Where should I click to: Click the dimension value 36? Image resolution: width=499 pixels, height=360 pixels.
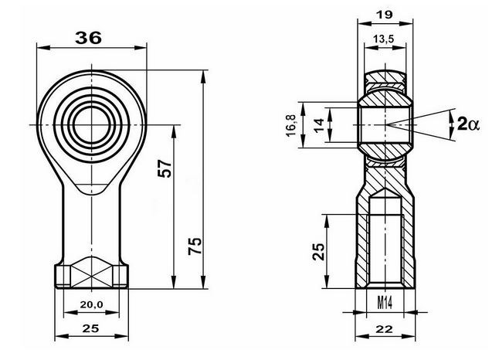click(x=89, y=38)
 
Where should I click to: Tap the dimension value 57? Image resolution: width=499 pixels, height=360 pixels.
click(x=165, y=168)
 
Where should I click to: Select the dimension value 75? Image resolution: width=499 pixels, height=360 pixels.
click(x=195, y=246)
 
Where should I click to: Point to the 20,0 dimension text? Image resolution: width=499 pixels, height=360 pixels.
click(x=91, y=304)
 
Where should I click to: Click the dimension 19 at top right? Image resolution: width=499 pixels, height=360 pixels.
click(x=385, y=15)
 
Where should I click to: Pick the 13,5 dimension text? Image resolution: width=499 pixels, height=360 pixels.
click(x=384, y=39)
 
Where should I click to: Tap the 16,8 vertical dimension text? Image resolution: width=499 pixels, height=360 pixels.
click(x=291, y=125)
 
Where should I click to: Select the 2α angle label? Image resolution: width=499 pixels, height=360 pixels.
click(x=467, y=124)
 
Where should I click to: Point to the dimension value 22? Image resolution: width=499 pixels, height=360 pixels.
click(x=384, y=330)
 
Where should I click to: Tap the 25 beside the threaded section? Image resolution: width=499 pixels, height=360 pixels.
click(x=318, y=252)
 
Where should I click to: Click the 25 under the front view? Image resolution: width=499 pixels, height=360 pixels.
click(x=90, y=328)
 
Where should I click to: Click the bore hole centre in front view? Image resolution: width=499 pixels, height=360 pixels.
click(x=92, y=124)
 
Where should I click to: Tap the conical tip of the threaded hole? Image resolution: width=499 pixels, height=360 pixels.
click(x=385, y=188)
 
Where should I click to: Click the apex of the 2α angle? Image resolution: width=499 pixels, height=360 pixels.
click(x=387, y=124)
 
